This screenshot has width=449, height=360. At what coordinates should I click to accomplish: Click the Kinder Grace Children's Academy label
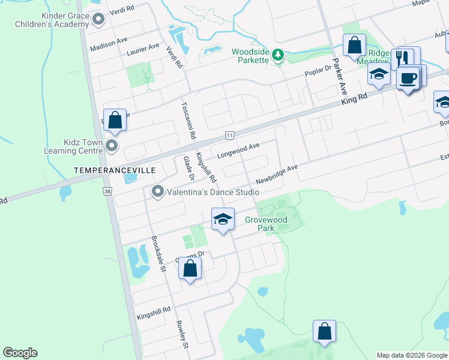point(52,20)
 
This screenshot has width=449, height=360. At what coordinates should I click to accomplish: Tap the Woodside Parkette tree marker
point(277,55)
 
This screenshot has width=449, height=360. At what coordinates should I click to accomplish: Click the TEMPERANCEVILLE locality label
point(114,170)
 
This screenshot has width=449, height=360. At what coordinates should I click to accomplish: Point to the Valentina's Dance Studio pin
point(158,191)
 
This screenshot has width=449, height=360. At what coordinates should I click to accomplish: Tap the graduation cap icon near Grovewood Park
point(223,219)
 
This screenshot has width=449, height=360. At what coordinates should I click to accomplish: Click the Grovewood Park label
point(266,224)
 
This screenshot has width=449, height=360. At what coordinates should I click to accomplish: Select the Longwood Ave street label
point(238,148)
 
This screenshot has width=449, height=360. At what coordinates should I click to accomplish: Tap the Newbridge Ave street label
point(277,174)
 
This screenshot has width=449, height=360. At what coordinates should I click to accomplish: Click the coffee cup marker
point(408,78)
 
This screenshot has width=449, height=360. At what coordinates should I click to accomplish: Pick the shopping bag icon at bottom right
point(325,331)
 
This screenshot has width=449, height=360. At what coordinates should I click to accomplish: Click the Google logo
point(20,353)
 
